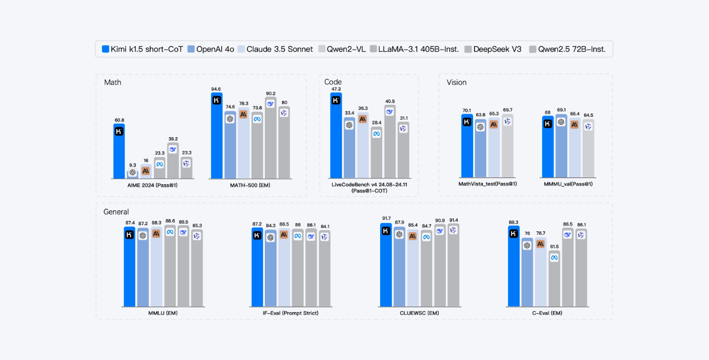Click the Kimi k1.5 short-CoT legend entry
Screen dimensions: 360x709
point(142,49)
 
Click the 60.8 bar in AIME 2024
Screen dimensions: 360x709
point(119,153)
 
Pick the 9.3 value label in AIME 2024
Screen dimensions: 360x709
point(132,165)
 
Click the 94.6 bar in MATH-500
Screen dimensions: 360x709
point(217,138)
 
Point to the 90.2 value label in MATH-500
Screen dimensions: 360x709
point(270,94)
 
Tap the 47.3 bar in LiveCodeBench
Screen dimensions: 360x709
point(336,135)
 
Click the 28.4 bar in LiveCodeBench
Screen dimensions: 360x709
point(376,153)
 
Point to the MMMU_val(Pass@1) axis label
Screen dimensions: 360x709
point(567,184)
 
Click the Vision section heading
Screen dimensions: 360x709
point(456,82)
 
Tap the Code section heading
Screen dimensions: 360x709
point(333,82)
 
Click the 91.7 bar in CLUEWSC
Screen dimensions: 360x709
point(386,266)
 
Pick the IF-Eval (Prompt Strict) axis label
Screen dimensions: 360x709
point(290,313)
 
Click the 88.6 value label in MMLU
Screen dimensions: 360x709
point(170,222)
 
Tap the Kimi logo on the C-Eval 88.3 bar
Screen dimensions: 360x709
point(514,233)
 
